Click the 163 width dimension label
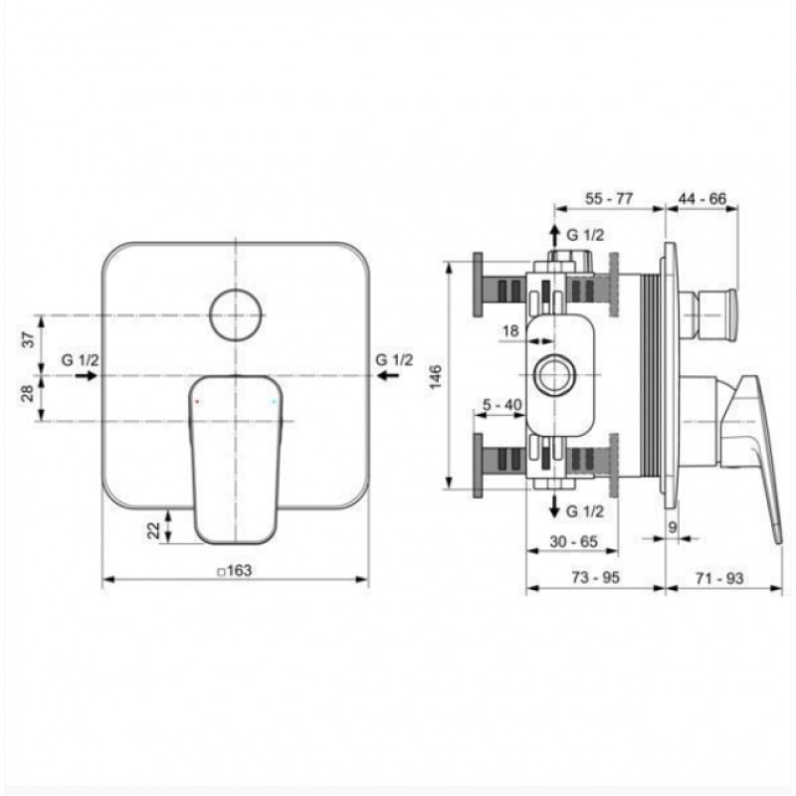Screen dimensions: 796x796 pos(235,570)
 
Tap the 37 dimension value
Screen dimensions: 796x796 pos(30,338)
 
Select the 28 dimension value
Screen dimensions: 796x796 pos(28,393)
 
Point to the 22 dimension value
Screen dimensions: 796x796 pos(153,530)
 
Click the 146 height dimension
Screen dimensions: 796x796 pos(436,377)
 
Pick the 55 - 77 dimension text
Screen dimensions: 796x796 pos(609,198)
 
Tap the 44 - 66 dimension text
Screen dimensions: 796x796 pos(702,198)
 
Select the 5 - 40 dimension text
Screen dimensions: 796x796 pos(502,405)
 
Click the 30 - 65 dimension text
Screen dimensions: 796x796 pos(574,541)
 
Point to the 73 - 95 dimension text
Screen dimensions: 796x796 pos(595,578)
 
